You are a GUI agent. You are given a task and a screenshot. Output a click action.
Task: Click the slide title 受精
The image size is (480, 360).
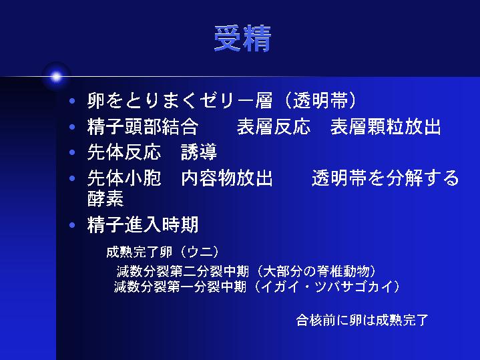[x=242, y=39]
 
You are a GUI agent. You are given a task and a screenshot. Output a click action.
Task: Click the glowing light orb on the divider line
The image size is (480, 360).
[x=56, y=77]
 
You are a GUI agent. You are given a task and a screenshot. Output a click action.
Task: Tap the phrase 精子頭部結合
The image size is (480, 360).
[x=143, y=126]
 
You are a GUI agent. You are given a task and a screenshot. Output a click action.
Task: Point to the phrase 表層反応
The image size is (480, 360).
[x=274, y=126]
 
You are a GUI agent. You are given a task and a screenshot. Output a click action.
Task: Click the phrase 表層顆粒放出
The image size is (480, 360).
[x=386, y=126]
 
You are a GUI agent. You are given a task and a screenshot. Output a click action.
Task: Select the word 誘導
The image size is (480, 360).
[x=199, y=152]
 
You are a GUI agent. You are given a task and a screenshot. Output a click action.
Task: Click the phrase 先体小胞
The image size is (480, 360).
[x=124, y=178]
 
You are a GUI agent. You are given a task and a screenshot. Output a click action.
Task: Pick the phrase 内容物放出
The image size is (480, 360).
[x=227, y=178]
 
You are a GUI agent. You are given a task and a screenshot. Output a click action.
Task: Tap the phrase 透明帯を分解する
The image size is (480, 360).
[x=385, y=178]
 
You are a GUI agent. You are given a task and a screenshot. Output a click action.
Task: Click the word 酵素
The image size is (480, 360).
[x=105, y=199]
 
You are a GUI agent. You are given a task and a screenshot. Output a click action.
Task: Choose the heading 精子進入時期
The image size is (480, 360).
[x=143, y=225]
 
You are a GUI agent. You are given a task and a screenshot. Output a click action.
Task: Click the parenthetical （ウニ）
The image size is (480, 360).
[x=200, y=252]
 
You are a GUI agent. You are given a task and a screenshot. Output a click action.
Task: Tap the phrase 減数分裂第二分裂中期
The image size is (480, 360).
[x=183, y=271]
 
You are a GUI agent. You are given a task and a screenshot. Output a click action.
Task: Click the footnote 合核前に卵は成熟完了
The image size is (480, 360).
[x=362, y=321]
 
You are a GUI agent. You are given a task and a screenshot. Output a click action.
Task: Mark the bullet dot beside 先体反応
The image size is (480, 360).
[x=72, y=152]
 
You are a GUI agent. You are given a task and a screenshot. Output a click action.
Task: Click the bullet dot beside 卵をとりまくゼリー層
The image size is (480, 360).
[x=72, y=101]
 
